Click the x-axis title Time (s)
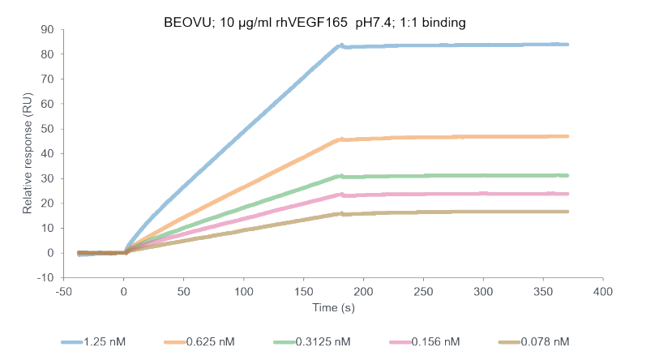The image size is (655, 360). pos(333,307)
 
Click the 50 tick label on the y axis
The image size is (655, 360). pos(47,128)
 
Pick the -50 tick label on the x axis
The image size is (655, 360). pos(63,289)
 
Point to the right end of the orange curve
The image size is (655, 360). pos(567,136)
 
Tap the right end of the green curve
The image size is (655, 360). pos(567,175)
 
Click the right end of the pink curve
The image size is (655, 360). pos(567,194)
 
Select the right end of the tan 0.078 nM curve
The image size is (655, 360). pos(567,212)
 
